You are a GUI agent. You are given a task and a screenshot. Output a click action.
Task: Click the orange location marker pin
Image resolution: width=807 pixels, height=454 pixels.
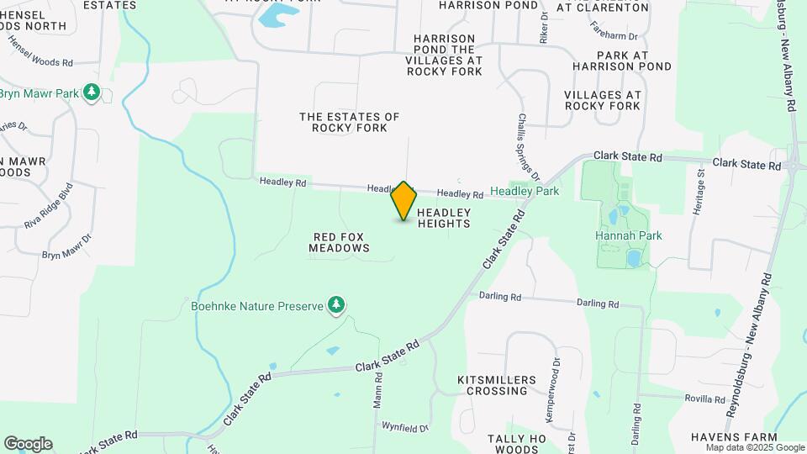point(404,201)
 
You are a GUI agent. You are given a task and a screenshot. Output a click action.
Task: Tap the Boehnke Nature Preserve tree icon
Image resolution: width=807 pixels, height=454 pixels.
point(336,304)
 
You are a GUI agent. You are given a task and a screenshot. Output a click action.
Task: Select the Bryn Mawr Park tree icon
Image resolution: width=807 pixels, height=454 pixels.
point(92,92)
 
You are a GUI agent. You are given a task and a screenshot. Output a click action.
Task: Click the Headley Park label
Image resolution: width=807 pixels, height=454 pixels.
point(525,192)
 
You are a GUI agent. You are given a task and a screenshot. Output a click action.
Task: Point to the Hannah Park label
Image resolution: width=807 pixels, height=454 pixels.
point(628,235)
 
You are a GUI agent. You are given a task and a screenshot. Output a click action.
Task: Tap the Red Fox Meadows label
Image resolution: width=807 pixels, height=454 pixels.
point(339,242)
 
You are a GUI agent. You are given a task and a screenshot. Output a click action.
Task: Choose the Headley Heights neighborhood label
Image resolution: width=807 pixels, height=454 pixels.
point(443,218)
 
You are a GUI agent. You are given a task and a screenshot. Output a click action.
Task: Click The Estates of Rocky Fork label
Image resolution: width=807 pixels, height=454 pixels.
point(350,122)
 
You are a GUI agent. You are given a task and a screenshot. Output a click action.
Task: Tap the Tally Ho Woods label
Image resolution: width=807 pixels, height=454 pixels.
point(517,443)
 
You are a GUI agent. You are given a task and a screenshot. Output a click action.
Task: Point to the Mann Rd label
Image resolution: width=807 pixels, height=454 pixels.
point(378,392)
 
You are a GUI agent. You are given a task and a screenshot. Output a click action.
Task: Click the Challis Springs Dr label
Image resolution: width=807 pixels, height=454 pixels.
point(528,148)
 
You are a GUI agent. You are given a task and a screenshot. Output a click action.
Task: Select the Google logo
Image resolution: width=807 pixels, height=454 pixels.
point(28,444)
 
